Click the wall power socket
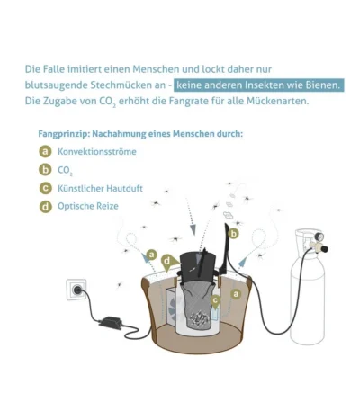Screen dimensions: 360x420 click(76, 290)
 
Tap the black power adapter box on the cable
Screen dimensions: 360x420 click(111, 323)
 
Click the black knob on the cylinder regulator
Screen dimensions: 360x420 click(324, 248)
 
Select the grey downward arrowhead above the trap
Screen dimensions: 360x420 click(193, 229)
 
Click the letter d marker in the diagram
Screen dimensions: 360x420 click(166, 261)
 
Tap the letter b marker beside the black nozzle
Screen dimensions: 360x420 click(233, 233)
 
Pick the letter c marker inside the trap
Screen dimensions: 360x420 click(215, 300)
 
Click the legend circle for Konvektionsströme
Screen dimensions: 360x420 click(45, 151)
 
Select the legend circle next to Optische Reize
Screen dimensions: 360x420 click(45, 207)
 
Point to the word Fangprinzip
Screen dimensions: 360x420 click(64, 134)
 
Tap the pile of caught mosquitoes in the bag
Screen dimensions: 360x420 click(200, 319)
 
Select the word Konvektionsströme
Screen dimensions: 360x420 click(97, 152)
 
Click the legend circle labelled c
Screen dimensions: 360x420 click(45, 188)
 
